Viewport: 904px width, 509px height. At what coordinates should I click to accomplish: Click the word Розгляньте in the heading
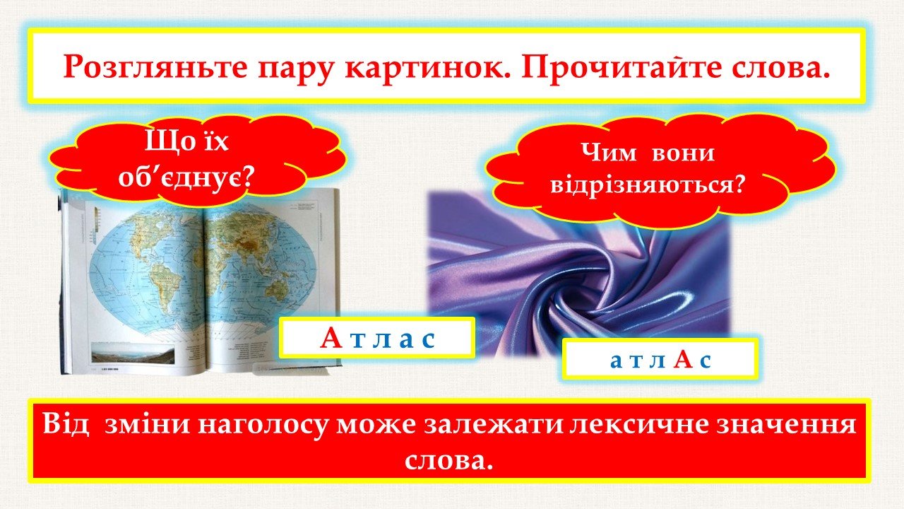tap(155, 67)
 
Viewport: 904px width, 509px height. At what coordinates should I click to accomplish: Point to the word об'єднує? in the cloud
tap(185, 177)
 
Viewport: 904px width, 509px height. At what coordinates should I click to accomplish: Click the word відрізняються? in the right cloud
tap(648, 185)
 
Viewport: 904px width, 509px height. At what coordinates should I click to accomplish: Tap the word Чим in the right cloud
tap(609, 153)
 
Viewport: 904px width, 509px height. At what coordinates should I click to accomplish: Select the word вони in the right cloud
tap(683, 153)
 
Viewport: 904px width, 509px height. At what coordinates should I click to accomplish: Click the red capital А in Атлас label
tap(331, 338)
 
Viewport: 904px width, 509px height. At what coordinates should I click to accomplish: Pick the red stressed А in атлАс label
tap(683, 359)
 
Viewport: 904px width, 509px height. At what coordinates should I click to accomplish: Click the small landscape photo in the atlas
tap(133, 352)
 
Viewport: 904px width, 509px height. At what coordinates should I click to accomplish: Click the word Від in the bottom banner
tap(66, 424)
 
